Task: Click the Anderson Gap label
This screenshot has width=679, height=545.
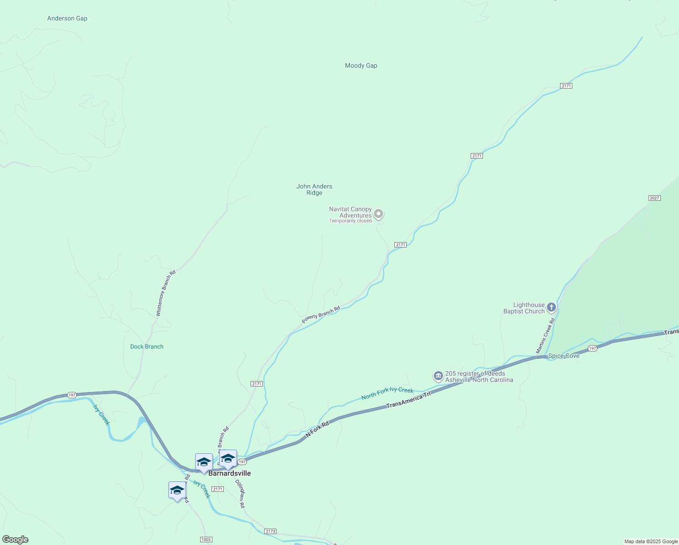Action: [67, 19]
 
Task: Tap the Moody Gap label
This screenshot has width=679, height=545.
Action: [361, 66]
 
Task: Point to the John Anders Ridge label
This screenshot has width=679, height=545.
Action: [314, 189]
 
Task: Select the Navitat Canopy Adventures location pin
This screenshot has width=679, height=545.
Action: [379, 214]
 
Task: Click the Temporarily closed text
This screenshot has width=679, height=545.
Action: [350, 221]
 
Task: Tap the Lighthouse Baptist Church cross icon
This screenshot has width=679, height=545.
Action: [551, 307]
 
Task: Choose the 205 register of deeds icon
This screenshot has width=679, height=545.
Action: [438, 376]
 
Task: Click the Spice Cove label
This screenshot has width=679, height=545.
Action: [564, 356]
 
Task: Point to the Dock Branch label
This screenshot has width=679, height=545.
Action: [147, 347]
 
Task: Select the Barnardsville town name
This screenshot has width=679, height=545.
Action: [229, 473]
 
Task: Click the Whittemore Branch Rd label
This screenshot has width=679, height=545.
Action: [166, 293]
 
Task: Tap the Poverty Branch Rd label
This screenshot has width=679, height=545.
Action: [321, 315]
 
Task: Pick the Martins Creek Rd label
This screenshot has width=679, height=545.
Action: [545, 336]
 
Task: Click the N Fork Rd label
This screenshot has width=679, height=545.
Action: [317, 429]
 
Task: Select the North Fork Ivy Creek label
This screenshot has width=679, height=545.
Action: [387, 393]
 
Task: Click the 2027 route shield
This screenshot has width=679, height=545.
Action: [654, 198]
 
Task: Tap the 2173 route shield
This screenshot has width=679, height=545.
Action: [270, 531]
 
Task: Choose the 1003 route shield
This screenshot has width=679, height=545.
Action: [206, 540]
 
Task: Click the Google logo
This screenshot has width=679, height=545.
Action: [15, 540]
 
